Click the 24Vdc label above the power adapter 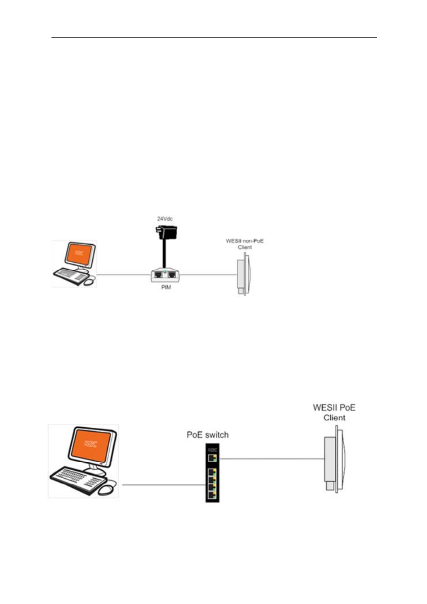(164, 219)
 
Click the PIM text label (166, 287)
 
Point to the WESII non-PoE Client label (244, 244)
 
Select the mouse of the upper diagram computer (90, 281)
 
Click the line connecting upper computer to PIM (123, 275)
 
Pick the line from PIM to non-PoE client (208, 275)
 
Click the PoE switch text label (207, 435)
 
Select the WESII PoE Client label (334, 412)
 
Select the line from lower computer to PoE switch (163, 485)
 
